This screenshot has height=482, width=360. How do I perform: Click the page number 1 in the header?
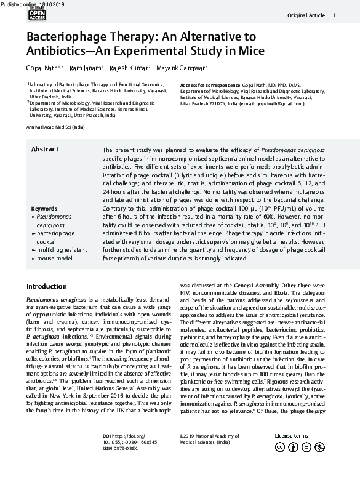[334, 15]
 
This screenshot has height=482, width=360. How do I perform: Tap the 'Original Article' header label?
[306, 15]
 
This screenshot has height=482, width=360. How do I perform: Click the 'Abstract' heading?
[45, 150]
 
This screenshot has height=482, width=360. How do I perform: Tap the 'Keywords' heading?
[44, 209]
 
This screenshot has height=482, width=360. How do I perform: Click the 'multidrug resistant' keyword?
[62, 251]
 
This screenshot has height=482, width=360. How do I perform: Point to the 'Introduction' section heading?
[47, 287]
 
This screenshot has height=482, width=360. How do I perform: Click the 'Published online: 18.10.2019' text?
[28, 3]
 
